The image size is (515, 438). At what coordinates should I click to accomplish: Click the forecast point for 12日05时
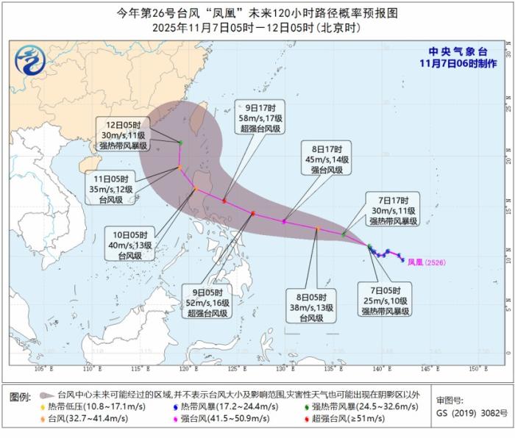181,142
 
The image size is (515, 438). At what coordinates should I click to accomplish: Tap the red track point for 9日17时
224,201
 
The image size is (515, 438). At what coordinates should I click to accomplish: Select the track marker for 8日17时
284,221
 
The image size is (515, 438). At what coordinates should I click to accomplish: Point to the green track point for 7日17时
344,234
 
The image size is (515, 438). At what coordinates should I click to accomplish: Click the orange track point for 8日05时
317,229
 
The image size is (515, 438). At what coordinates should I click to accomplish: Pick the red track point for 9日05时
252,213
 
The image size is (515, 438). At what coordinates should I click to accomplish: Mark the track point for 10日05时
196,190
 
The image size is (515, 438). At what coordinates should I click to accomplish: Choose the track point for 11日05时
179,168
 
